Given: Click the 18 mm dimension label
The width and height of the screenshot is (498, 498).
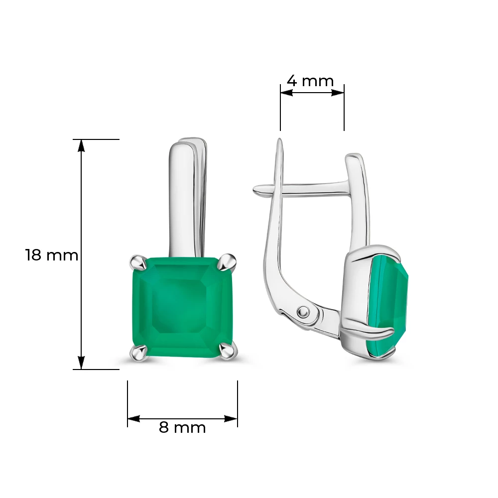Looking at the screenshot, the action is point(52,255).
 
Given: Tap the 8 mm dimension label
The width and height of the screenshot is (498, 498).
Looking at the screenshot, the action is point(182,427).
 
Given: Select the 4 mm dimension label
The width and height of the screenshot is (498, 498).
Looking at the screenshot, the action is point(310,81).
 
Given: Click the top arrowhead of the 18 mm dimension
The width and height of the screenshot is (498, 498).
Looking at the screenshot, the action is point(82,146).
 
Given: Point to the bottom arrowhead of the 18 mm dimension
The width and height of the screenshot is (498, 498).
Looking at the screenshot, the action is point(82,363).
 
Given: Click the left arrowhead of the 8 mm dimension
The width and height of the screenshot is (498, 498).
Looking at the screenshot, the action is point(133,419).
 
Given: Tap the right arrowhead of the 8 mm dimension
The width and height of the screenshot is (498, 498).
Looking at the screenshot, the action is point(231,419).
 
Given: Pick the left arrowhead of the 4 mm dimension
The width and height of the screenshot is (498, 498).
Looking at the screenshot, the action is point(286,93).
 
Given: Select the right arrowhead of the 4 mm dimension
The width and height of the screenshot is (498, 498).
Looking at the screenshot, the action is point(338,93).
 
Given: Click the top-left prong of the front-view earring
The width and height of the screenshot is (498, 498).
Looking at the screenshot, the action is point(138,262).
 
